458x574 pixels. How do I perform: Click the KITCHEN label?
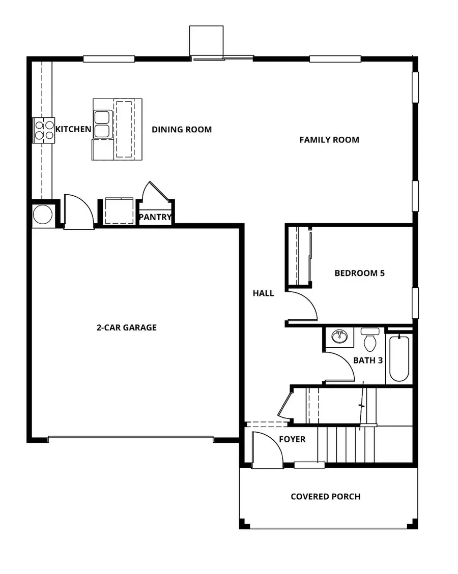click(x=73, y=129)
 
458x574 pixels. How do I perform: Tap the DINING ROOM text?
click(x=182, y=129)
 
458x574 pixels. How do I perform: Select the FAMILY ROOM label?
click(x=329, y=139)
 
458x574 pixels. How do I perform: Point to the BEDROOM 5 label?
click(x=359, y=273)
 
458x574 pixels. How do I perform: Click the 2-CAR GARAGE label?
click(x=127, y=327)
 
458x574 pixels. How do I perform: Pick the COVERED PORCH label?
click(x=325, y=496)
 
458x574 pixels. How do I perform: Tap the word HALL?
click(x=264, y=293)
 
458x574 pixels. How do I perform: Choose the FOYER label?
click(x=292, y=439)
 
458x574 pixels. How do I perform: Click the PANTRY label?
click(x=155, y=218)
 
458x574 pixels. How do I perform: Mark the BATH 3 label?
click(x=368, y=360)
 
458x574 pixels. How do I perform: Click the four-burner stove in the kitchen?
click(x=44, y=130)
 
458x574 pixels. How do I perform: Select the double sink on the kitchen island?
click(x=102, y=125)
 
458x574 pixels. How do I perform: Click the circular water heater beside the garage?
click(x=43, y=215)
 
